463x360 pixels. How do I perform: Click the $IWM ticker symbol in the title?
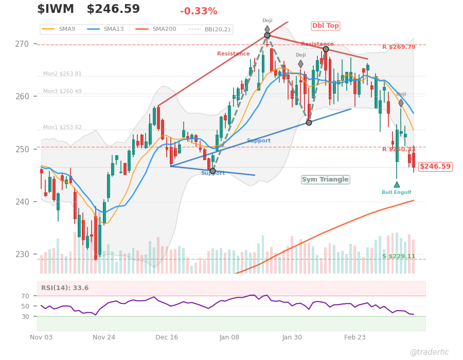point(56,9)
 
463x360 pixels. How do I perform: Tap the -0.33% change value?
point(199,11)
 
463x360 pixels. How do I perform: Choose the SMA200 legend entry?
point(164,29)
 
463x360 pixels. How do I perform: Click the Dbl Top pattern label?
point(326,26)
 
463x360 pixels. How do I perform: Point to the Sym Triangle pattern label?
point(325,179)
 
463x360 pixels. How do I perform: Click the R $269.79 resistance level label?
point(399,47)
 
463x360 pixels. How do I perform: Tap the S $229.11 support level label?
point(399,257)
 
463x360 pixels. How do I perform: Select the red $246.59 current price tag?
point(435,167)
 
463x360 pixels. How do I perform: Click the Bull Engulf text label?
point(396,192)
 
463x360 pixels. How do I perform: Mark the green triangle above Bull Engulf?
point(397,184)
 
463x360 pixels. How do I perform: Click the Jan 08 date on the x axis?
point(229,337)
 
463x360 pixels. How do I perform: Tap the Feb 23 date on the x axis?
point(355,337)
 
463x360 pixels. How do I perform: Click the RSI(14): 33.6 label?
point(65,288)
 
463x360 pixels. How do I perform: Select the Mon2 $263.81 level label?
point(62,74)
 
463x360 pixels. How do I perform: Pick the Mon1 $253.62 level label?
point(62,127)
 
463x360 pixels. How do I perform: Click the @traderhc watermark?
point(429,352)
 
